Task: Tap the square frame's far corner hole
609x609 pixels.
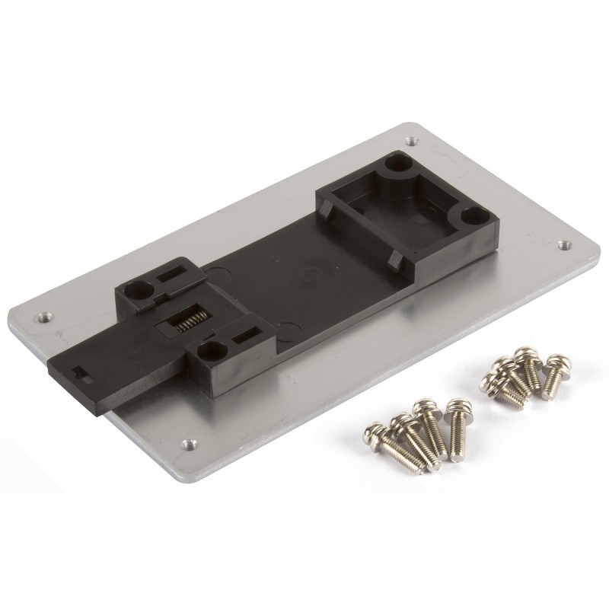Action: pyautogui.click(x=397, y=163)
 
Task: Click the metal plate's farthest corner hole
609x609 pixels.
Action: pyautogui.click(x=411, y=141)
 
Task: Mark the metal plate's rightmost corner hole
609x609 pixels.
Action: pyautogui.click(x=563, y=245)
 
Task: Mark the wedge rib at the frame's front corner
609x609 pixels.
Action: pyautogui.click(x=394, y=260)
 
